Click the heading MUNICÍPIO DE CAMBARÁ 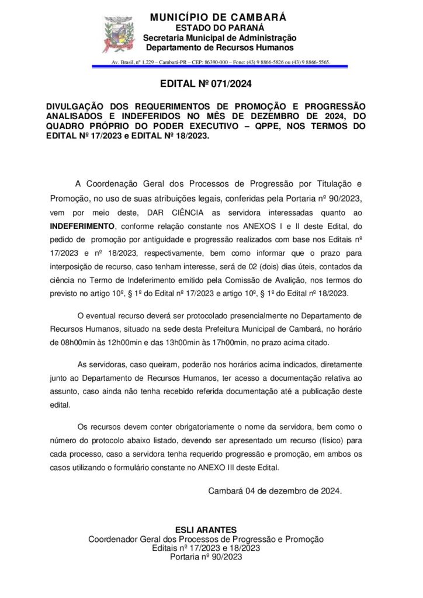218,18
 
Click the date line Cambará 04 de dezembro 275,491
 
